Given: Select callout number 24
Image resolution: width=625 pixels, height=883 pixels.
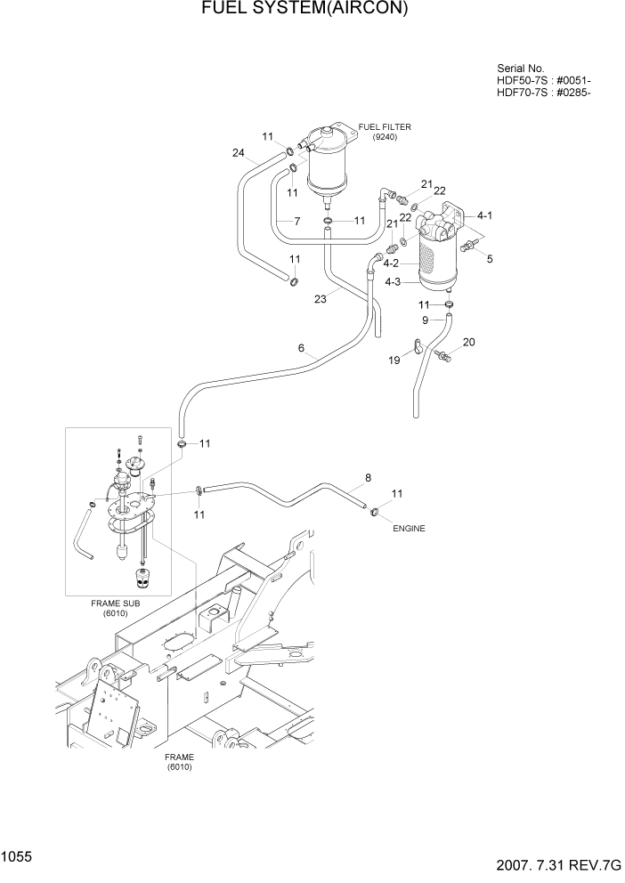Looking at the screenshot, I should [x=238, y=153].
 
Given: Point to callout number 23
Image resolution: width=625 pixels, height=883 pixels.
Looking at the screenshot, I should [x=320, y=300].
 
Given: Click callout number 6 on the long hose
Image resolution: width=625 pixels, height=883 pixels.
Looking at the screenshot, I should [x=302, y=348].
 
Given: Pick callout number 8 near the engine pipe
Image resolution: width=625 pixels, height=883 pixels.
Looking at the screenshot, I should [x=367, y=477].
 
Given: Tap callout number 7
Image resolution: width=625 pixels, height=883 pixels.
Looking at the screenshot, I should [x=296, y=220].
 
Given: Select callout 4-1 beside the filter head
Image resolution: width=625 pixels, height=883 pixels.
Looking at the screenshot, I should [x=485, y=215].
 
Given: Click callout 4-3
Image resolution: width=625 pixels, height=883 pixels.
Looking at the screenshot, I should [x=392, y=282].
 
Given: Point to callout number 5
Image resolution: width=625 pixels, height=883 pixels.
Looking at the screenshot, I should [x=488, y=258].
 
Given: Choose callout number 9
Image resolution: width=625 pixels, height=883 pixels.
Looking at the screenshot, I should [x=426, y=320].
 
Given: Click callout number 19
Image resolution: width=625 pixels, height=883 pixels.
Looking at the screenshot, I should [x=394, y=360].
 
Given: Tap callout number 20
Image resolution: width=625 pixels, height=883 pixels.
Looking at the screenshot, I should [x=469, y=342].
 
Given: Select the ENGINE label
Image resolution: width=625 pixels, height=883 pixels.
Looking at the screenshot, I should [x=409, y=529].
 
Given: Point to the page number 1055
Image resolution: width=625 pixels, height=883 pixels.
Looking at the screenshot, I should [x=17, y=856].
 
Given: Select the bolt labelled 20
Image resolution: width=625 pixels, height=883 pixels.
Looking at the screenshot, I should [x=444, y=357].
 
